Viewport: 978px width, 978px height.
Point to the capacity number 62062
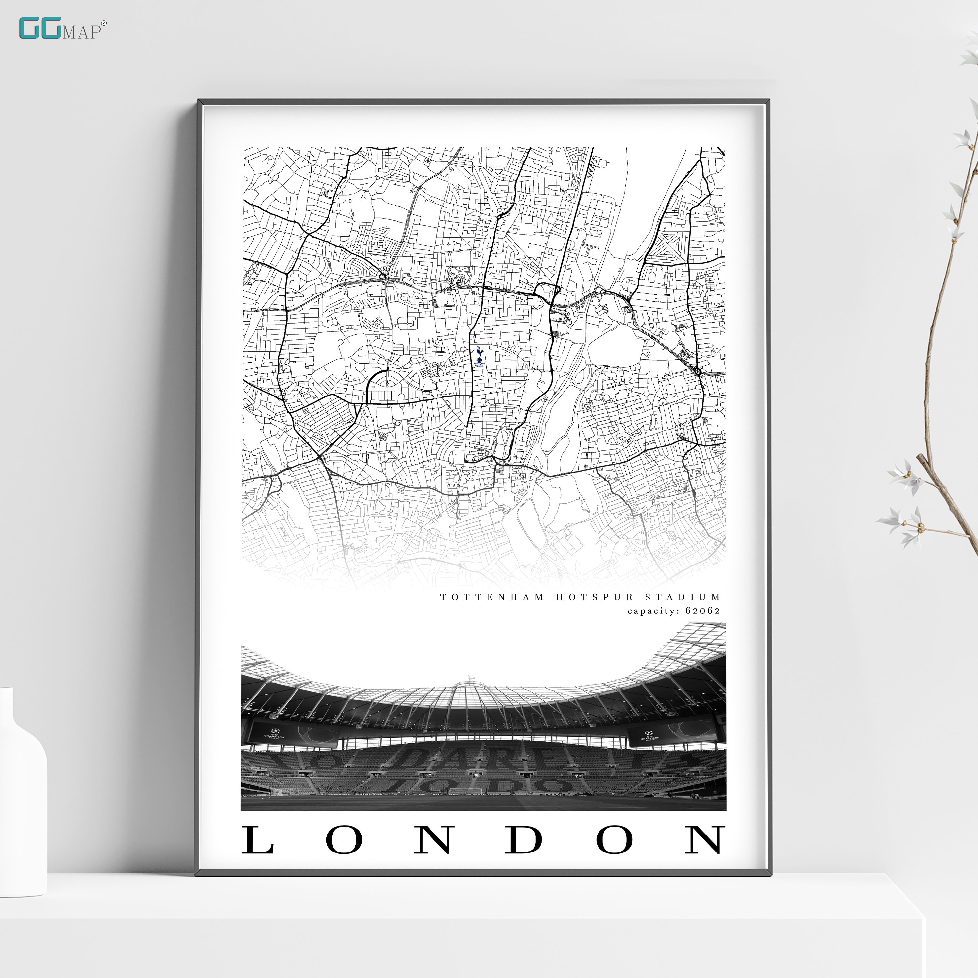(703, 611)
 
